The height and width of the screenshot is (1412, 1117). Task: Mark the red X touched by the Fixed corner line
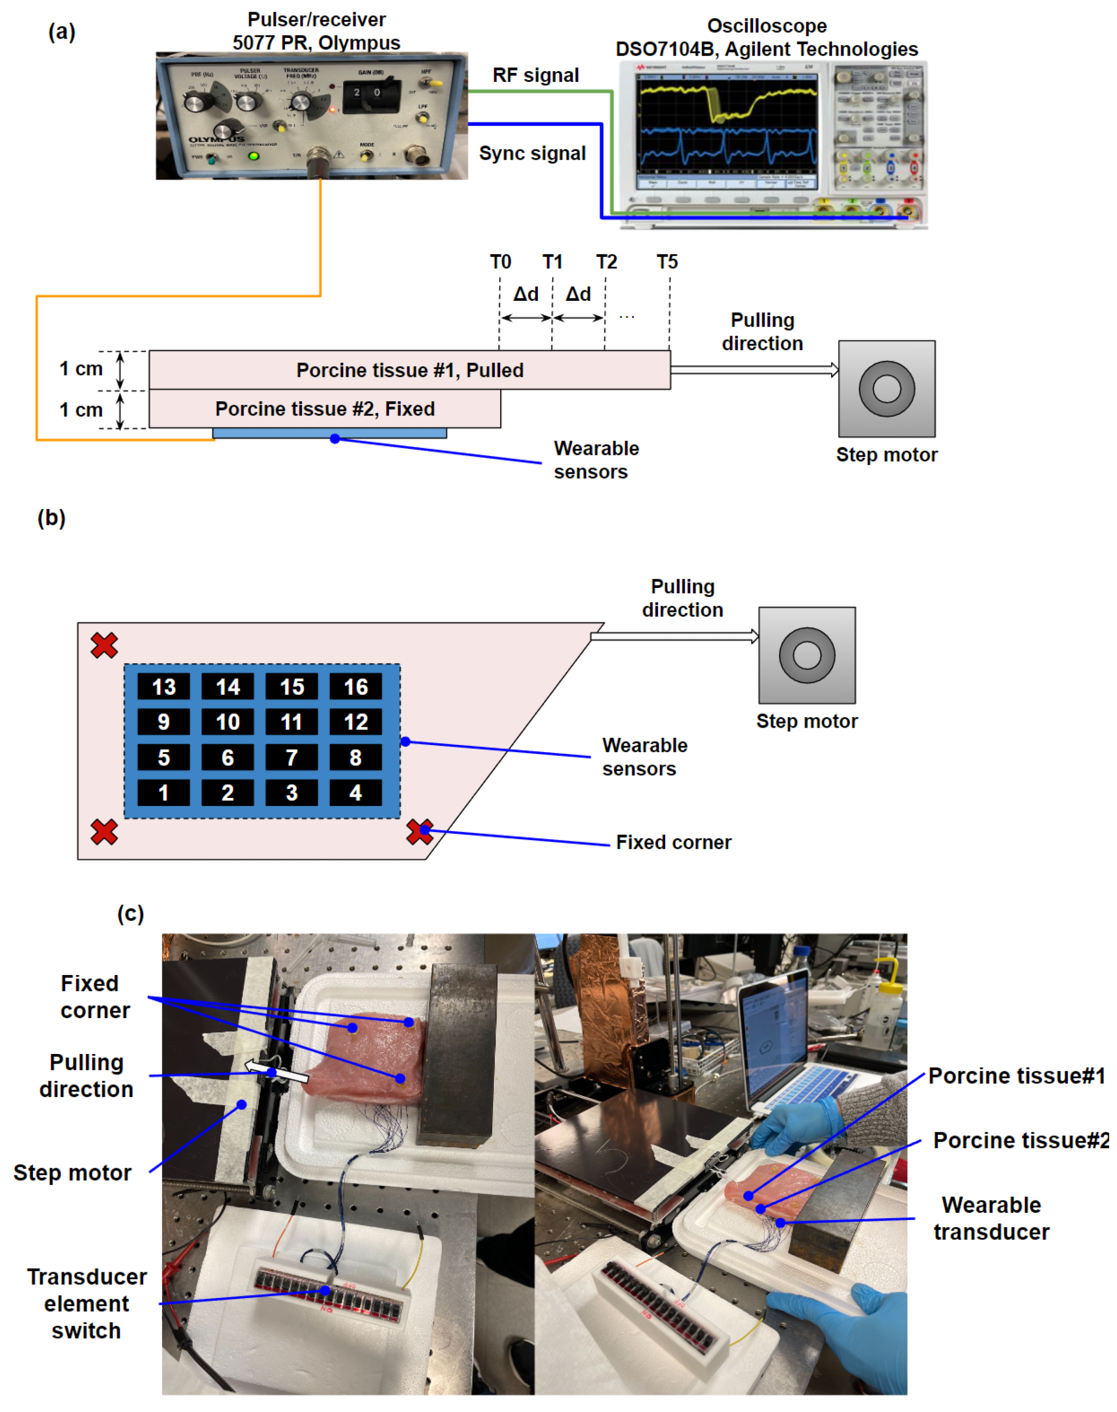point(419,832)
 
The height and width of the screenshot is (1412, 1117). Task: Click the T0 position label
point(500,262)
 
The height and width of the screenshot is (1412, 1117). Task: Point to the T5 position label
point(667,262)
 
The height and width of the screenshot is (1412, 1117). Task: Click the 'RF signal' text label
point(536,75)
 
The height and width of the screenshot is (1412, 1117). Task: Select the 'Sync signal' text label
point(532,153)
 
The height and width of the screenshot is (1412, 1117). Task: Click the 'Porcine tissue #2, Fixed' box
point(325,409)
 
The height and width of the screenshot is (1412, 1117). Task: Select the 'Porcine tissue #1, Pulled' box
point(410,370)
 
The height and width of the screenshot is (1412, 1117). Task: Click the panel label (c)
point(130,914)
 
